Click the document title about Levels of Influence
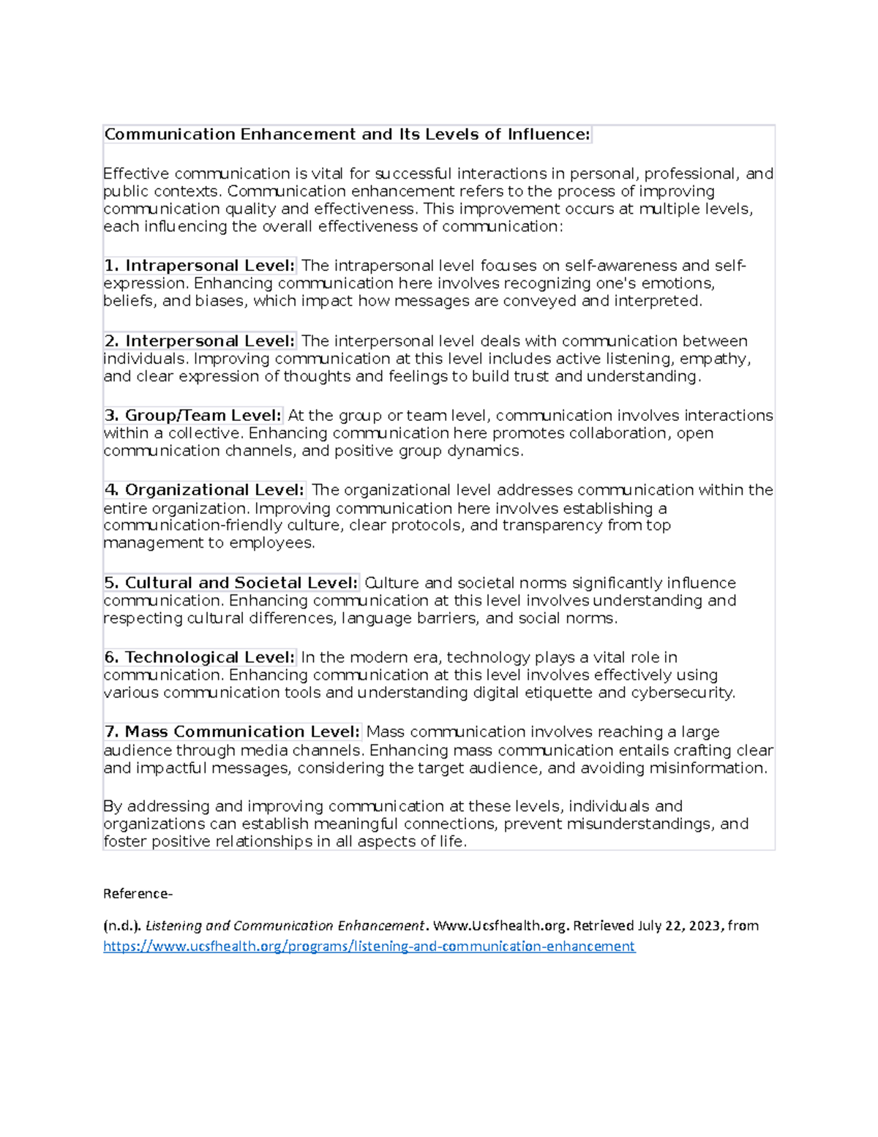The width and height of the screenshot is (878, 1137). coord(347,134)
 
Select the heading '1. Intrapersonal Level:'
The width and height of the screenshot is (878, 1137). coord(199,265)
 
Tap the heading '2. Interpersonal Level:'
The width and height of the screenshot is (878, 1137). coord(199,340)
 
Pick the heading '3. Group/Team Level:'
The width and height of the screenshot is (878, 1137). coord(192,415)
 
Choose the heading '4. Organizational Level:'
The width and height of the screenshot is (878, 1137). coord(204,490)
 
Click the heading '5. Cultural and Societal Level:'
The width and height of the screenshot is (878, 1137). coord(230,583)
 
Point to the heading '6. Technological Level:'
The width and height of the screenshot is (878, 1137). coord(199,657)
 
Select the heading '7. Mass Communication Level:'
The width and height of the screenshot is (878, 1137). coord(232,731)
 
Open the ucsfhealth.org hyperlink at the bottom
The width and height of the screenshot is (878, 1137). coord(369,946)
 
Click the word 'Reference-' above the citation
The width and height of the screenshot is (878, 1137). coord(138,893)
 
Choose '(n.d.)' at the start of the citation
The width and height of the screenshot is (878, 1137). coord(122,925)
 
